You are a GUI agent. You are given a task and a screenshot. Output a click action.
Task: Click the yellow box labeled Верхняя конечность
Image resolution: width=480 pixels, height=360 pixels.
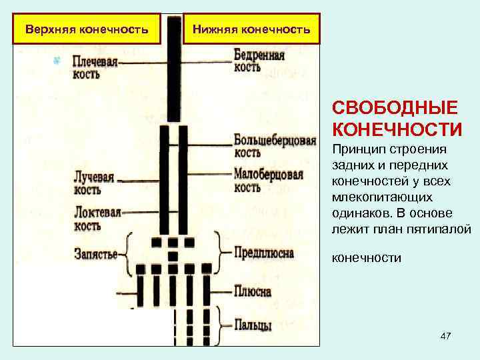pyautogui.click(x=87, y=29)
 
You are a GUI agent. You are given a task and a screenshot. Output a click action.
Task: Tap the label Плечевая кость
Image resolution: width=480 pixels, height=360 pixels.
pyautogui.click(x=96, y=67)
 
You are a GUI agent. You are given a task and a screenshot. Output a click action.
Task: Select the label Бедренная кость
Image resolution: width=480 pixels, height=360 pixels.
pyautogui.click(x=259, y=61)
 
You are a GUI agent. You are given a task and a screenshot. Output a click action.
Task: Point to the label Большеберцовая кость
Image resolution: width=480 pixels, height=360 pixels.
pyautogui.click(x=275, y=146)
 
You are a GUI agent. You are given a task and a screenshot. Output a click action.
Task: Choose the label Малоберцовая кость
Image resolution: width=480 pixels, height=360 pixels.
pyautogui.click(x=269, y=180)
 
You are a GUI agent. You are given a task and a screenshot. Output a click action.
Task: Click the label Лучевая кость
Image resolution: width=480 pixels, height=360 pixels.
pyautogui.click(x=94, y=183)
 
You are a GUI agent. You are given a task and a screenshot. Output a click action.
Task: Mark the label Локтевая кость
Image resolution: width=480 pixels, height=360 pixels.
pyautogui.click(x=97, y=219)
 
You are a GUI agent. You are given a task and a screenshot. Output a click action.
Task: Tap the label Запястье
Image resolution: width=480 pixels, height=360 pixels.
pyautogui.click(x=96, y=255)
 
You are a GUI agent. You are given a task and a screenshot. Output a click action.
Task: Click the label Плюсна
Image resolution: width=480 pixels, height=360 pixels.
pyautogui.click(x=253, y=291)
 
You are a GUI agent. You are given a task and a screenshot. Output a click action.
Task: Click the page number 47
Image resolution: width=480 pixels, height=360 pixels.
pyautogui.click(x=445, y=337)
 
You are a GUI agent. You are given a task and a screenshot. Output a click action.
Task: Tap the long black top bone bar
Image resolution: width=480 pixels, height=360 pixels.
pyautogui.click(x=174, y=67)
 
